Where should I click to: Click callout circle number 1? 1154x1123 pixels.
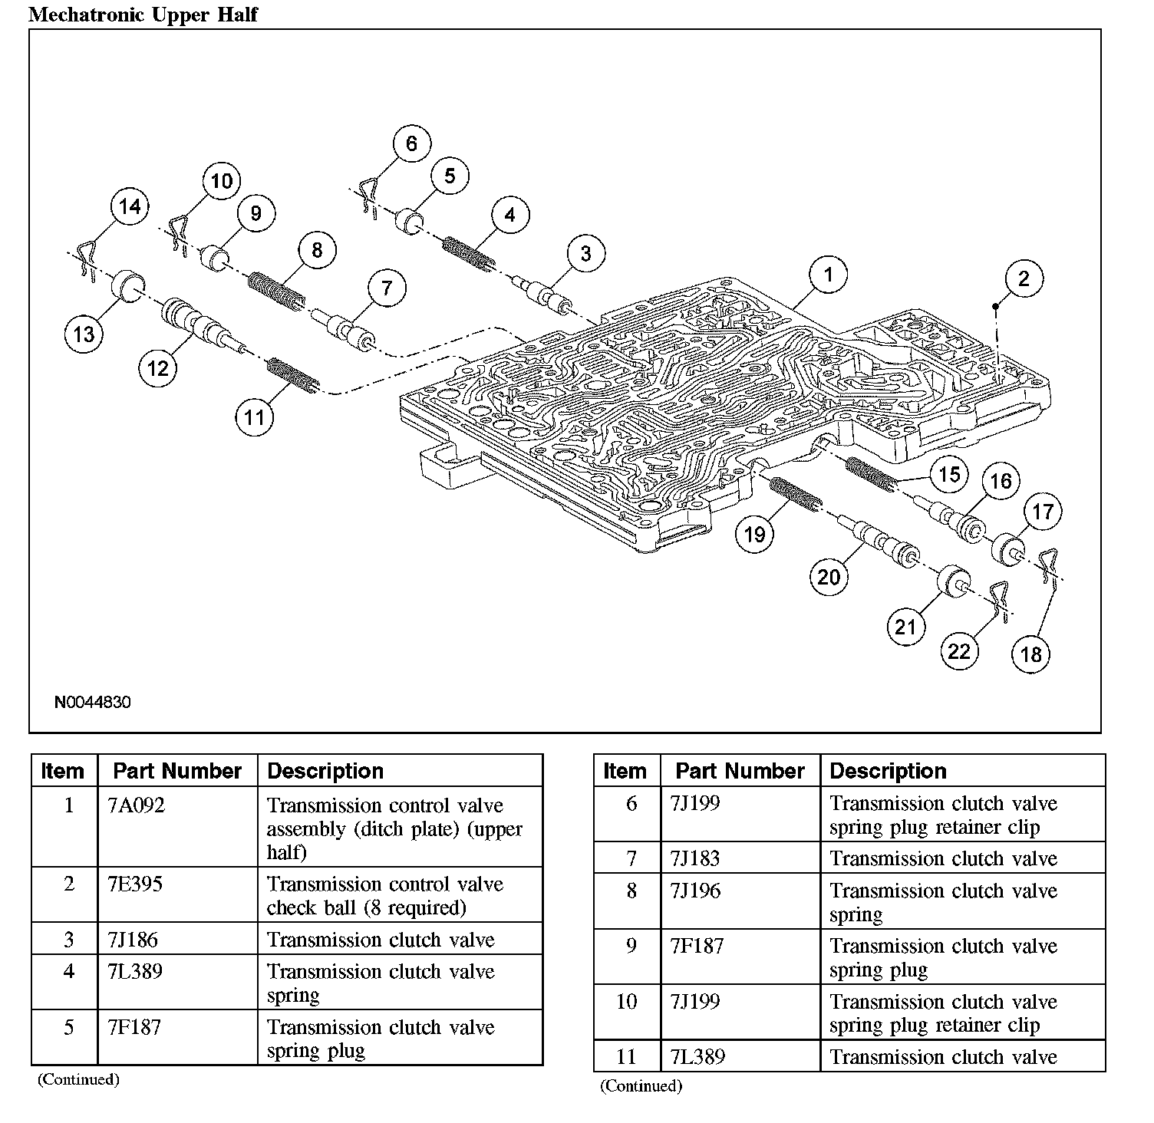click(x=828, y=275)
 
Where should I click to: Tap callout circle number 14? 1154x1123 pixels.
click(x=130, y=206)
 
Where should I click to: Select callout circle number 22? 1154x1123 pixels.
click(x=959, y=651)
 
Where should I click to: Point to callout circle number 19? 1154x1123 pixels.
click(x=755, y=534)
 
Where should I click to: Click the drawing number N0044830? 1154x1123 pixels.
click(x=92, y=702)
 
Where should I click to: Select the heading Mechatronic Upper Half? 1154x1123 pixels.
click(x=143, y=15)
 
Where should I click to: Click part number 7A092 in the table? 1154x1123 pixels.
click(x=137, y=805)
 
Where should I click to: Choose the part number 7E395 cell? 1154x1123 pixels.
click(x=136, y=884)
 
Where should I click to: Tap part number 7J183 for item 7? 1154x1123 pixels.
click(x=695, y=858)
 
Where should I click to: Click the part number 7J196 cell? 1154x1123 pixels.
click(x=695, y=891)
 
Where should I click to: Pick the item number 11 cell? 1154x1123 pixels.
click(x=627, y=1056)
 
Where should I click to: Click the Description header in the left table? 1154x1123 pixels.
click(x=325, y=771)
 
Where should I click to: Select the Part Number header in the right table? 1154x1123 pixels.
click(x=740, y=771)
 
